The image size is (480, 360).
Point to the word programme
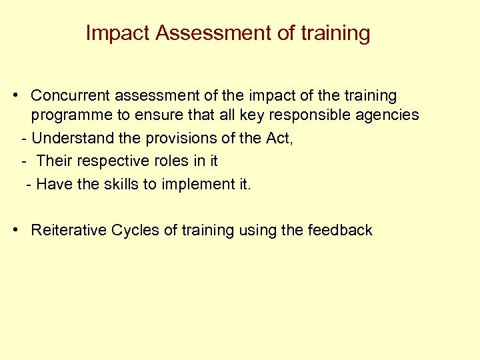click(72, 115)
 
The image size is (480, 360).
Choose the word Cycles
click(135, 230)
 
